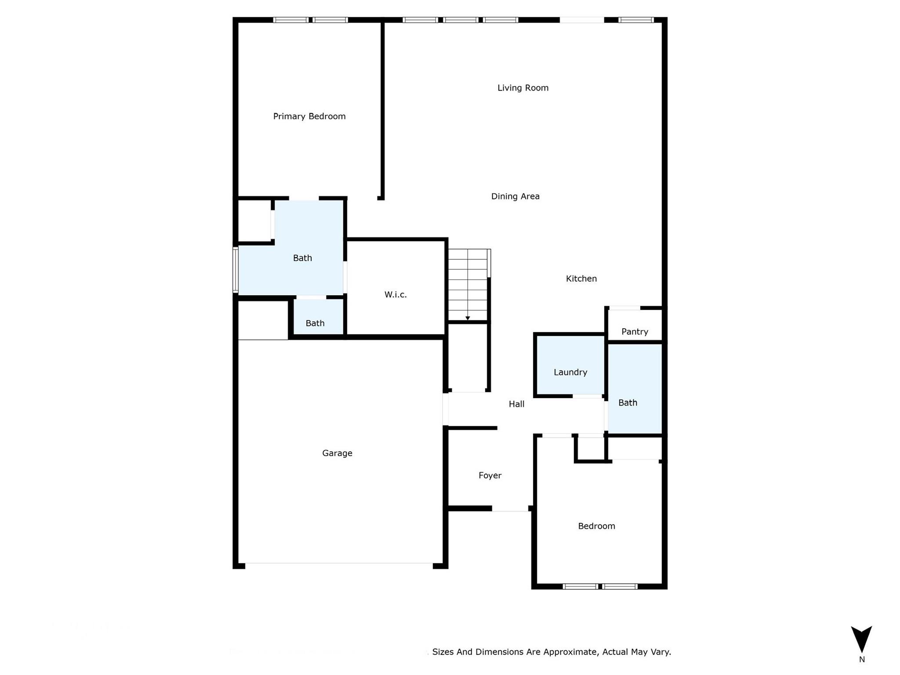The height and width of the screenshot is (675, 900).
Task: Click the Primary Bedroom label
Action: click(x=309, y=116)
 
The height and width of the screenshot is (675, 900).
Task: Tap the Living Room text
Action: click(x=523, y=88)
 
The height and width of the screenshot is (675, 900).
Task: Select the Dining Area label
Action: click(x=515, y=196)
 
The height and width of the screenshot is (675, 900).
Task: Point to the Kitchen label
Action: click(x=581, y=279)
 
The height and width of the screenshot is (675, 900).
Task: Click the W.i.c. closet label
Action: click(x=396, y=294)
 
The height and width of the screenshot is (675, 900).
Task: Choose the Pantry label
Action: click(x=635, y=332)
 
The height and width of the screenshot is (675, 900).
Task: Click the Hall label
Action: click(x=516, y=404)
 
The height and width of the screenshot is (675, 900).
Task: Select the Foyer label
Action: click(x=490, y=475)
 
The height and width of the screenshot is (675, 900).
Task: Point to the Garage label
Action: click(x=337, y=453)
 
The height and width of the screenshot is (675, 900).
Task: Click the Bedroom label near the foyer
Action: click(x=596, y=526)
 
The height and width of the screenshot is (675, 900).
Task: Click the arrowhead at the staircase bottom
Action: click(x=468, y=318)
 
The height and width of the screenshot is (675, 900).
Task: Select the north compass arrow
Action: click(x=861, y=639)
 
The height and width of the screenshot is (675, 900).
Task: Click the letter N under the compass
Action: click(x=862, y=660)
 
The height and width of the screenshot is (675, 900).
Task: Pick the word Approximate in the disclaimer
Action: click(x=570, y=652)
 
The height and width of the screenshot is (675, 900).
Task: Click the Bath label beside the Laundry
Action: click(x=628, y=403)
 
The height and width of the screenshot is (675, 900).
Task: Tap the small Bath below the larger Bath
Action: click(x=315, y=323)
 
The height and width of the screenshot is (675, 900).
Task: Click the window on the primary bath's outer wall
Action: click(x=236, y=270)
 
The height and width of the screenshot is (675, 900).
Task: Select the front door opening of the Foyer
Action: click(x=510, y=508)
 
